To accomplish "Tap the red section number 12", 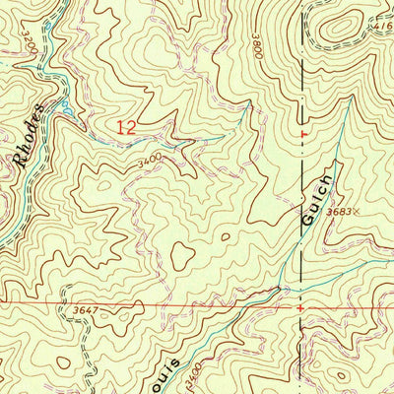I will tap(124, 127).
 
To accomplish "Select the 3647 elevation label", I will tap(87, 311).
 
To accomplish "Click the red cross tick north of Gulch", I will tap(302, 133).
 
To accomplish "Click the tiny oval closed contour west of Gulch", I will tap(227, 236).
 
